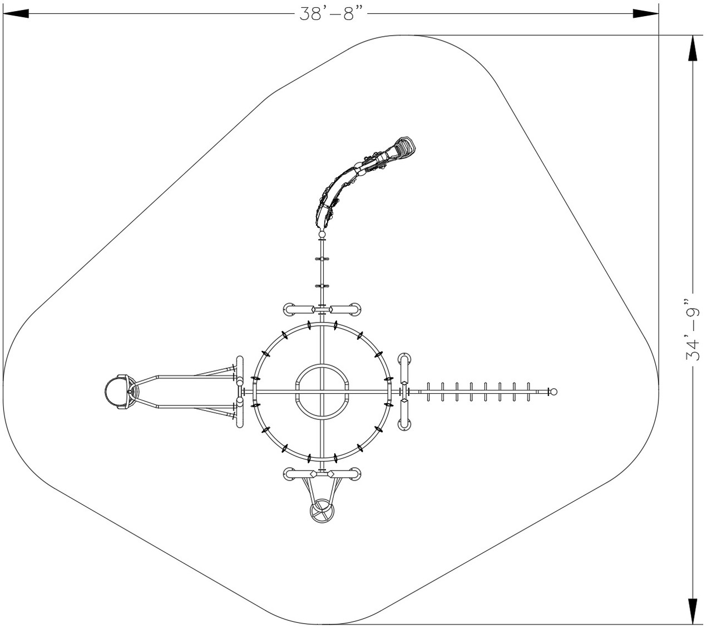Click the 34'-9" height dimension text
[x=693, y=330]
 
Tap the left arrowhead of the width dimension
[x=16, y=14]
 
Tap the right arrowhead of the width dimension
[x=646, y=14]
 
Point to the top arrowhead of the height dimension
[x=693, y=48]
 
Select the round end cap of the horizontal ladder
[x=553, y=392]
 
